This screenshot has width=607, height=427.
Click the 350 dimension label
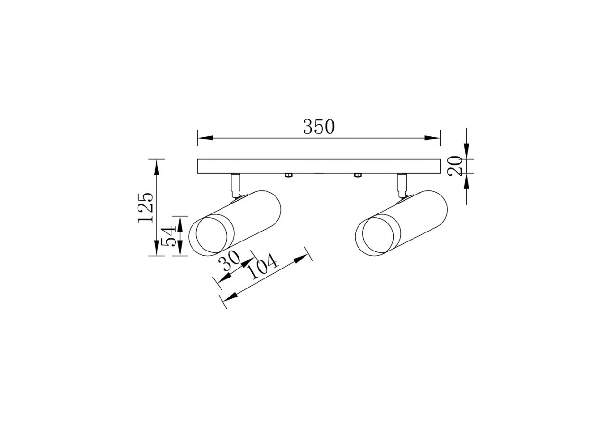click(319, 127)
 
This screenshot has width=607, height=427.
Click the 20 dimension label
click(455, 166)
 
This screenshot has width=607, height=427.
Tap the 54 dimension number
click(169, 236)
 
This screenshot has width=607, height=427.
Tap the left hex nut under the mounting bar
click(287, 176)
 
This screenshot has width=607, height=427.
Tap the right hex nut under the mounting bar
click(358, 176)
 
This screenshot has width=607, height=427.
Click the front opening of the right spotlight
click(378, 236)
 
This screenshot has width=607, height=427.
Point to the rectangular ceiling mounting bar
click(319, 166)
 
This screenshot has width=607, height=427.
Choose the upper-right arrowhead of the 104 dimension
click(302, 259)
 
